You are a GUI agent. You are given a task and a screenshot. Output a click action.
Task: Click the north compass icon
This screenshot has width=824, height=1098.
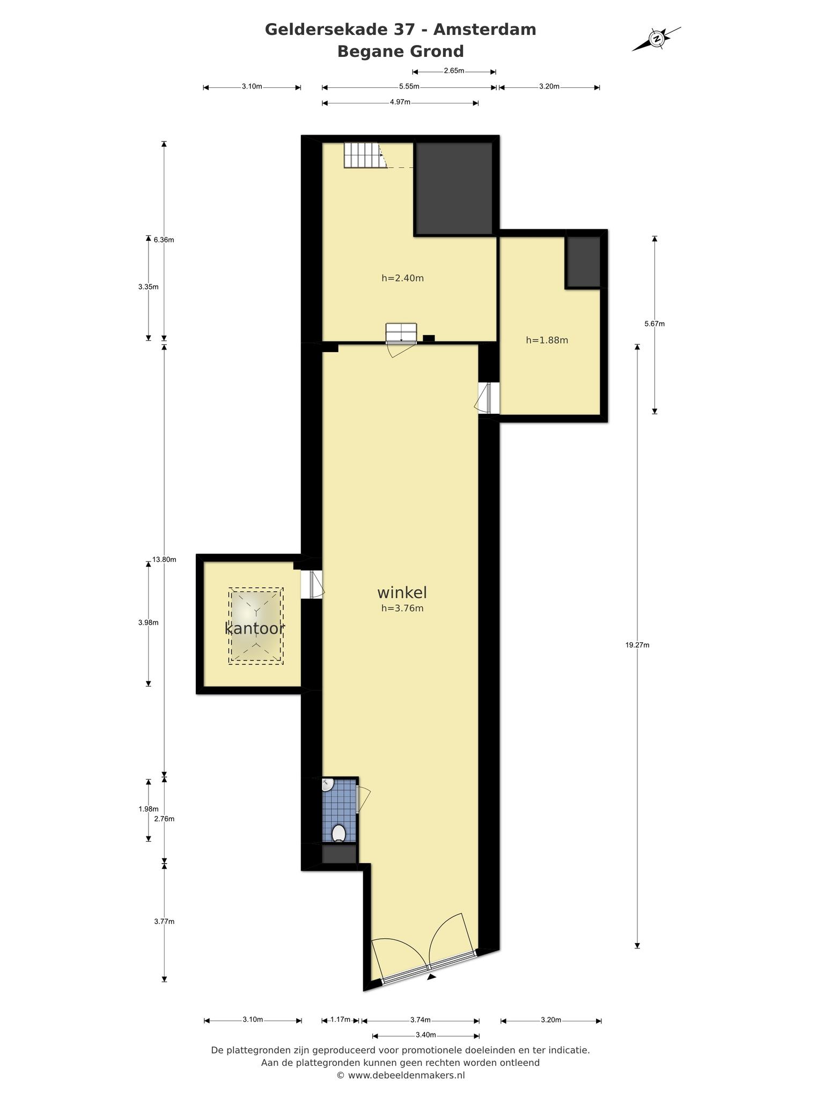[x=656, y=39]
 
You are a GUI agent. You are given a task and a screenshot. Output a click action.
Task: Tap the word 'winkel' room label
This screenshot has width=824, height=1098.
[x=402, y=592]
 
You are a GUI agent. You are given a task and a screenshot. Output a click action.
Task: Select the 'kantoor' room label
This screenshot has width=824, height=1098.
[x=254, y=628]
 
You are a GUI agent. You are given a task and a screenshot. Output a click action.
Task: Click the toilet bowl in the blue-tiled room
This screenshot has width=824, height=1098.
[x=339, y=833]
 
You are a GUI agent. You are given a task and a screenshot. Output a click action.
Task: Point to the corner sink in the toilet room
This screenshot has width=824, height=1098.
[x=327, y=784]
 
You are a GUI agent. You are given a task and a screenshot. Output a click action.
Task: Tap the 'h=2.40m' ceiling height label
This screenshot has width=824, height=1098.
[x=403, y=278]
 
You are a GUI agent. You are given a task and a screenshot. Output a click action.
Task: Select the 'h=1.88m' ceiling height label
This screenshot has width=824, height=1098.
[x=547, y=340]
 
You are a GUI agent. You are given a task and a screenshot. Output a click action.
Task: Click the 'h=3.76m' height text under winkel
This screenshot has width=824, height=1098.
[x=402, y=608]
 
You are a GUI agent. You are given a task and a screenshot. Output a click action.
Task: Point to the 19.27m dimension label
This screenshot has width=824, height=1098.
[x=637, y=645]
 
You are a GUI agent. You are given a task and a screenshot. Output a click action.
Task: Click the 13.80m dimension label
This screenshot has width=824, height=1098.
[x=164, y=559]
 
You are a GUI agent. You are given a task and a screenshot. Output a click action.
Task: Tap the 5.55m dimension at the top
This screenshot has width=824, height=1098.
[x=409, y=86]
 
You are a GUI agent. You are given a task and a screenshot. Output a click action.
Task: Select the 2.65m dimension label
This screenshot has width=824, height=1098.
[x=454, y=71]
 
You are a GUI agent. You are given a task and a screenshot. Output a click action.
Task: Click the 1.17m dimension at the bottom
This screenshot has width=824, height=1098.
[x=341, y=1019]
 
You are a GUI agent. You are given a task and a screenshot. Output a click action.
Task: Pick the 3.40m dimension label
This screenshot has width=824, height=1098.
[x=425, y=1035]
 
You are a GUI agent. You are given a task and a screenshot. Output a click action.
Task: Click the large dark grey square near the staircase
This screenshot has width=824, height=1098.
[x=454, y=188]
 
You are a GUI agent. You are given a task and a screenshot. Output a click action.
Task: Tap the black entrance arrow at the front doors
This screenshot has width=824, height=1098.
[x=431, y=977]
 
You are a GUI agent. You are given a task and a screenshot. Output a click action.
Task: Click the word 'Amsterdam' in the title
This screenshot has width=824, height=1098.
[x=485, y=29]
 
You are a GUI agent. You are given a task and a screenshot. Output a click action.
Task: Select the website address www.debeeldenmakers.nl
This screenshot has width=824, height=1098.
[x=407, y=1075]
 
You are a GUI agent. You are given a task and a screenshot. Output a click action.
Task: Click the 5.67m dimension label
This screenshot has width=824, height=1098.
[x=654, y=323]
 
